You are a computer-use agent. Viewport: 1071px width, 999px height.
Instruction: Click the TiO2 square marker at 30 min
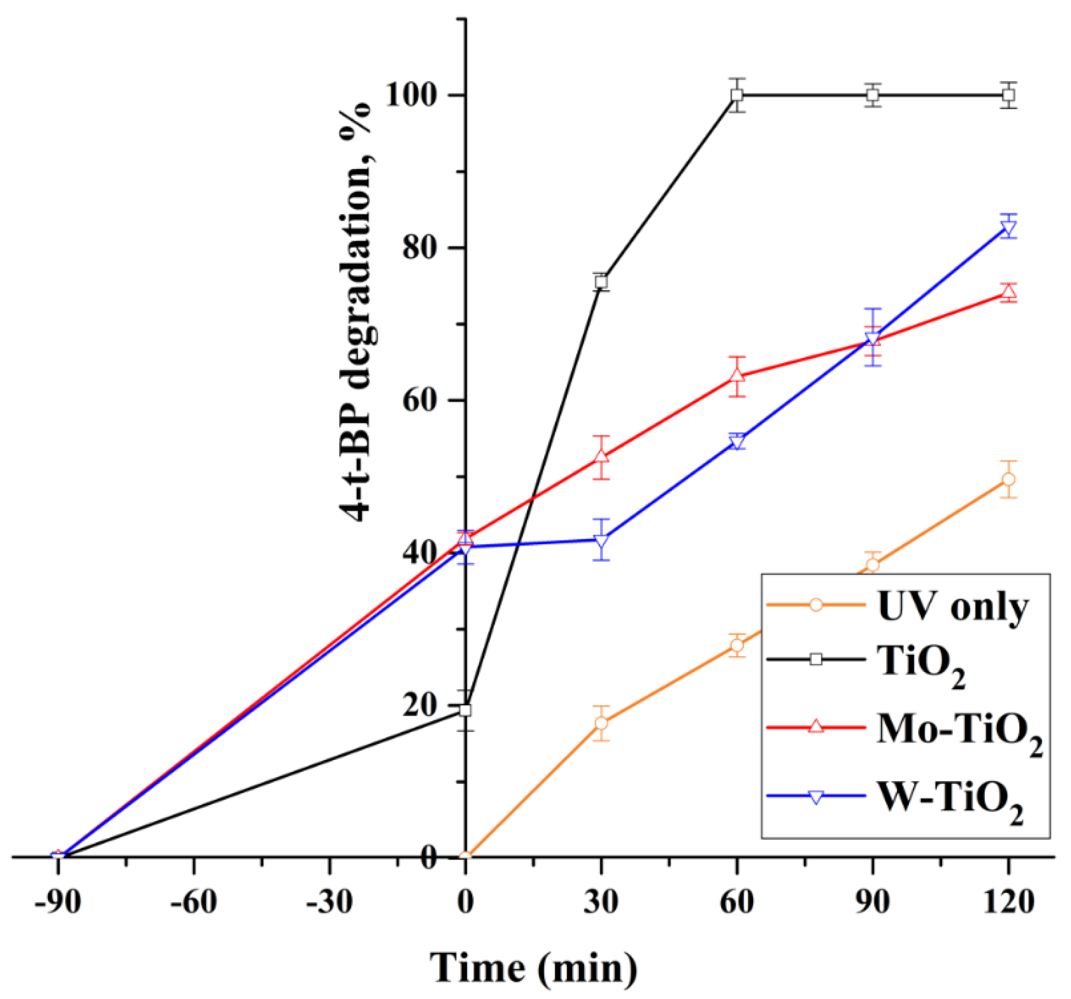click(x=601, y=281)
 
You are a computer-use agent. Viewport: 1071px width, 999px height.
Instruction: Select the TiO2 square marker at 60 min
click(x=737, y=95)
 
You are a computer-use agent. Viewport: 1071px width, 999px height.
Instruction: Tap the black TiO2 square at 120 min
click(x=1009, y=95)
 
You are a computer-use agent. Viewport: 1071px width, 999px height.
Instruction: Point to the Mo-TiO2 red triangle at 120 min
click(x=1009, y=292)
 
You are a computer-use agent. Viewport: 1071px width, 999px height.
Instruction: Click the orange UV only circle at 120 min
click(x=1009, y=479)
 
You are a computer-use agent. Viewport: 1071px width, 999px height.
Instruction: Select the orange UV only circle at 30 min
click(x=601, y=723)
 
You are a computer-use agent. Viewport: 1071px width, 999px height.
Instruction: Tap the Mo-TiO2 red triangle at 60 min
click(x=737, y=376)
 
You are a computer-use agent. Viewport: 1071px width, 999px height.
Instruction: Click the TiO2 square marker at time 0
click(x=466, y=710)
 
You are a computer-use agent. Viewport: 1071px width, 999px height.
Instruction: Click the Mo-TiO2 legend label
click(x=959, y=731)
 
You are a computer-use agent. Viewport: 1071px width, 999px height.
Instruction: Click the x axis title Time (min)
click(x=533, y=967)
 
